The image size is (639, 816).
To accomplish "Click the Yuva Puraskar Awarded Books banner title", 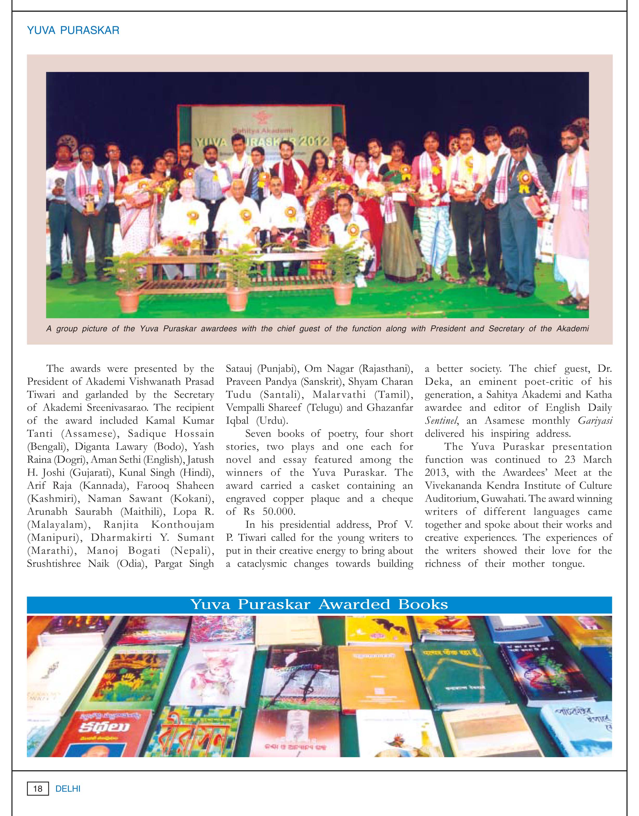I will coord(319,604).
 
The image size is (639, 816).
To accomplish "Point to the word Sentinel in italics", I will coord(441,421).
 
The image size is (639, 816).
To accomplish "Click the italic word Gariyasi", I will coord(595,421).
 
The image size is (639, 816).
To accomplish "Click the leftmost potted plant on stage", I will coord(128,284).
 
